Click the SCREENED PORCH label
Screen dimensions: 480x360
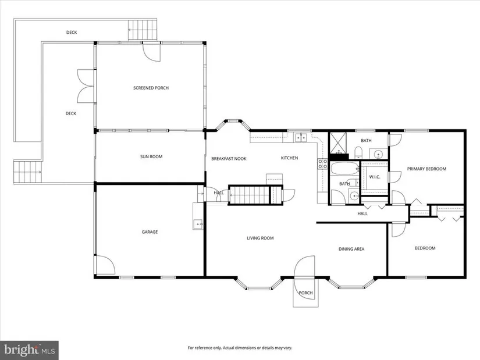click(151, 88)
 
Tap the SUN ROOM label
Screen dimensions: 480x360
click(151, 156)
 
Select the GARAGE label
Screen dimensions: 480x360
click(150, 231)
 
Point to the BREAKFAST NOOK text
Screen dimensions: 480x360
click(229, 159)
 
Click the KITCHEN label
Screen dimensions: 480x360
click(289, 158)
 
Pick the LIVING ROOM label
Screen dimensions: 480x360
click(260, 238)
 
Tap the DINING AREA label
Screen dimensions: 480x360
click(351, 249)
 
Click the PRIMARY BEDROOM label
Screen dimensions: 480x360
click(426, 169)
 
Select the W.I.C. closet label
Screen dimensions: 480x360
click(374, 177)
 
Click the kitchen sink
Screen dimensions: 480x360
click(301, 137)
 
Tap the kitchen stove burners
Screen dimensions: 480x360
click(322, 164)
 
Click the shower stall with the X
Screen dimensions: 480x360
click(339, 143)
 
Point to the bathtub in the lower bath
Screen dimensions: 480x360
click(344, 168)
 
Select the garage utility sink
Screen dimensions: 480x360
click(198, 224)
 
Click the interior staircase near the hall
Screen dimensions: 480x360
click(250, 195)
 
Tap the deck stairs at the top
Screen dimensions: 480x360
click(143, 30)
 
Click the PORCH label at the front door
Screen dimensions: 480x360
click(305, 293)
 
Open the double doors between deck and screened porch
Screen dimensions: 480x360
click(86, 86)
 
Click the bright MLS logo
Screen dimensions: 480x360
click(30, 350)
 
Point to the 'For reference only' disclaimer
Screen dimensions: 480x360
click(240, 348)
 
